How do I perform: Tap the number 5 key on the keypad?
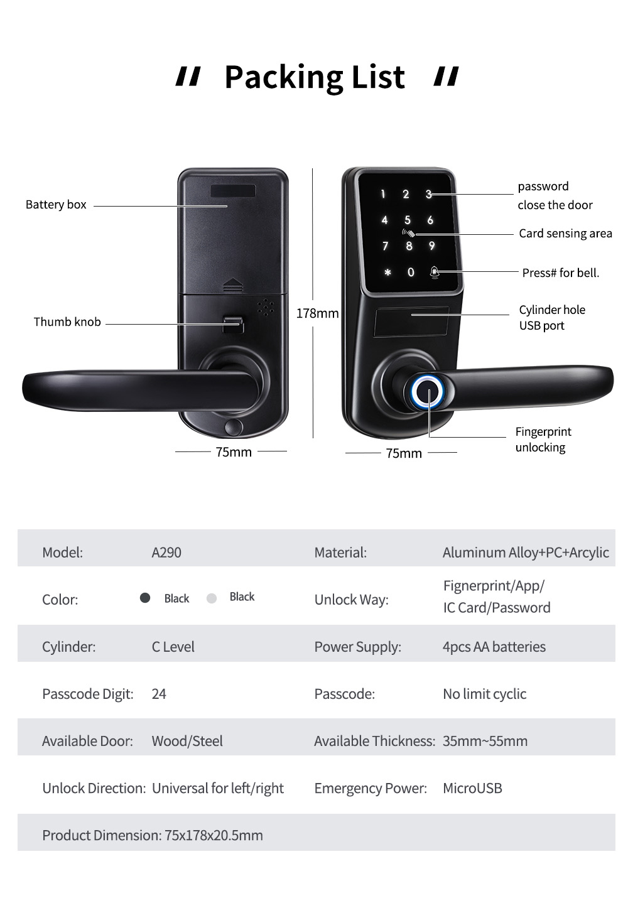pos(407,220)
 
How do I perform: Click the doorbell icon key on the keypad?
pos(434,272)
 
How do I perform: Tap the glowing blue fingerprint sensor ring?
pos(427,391)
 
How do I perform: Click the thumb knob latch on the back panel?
pos(233,325)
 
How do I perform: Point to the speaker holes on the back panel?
pos(266,307)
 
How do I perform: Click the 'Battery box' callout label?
pos(56,205)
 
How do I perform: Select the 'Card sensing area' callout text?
pos(565,234)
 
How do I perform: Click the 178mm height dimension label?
pos(317,313)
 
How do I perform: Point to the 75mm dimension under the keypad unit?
pos(403,453)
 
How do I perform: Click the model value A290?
pos(166,553)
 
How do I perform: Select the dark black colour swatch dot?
pos(144,598)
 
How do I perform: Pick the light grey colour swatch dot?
pos(212,598)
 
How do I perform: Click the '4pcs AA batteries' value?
pos(494,647)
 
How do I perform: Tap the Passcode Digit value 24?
pos(159,694)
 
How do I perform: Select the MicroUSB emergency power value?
pos(472,788)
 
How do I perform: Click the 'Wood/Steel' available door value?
pos(187,741)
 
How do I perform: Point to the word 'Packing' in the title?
pos(284,77)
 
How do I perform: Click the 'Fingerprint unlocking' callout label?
pos(543,440)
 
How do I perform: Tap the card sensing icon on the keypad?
pos(408,233)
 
